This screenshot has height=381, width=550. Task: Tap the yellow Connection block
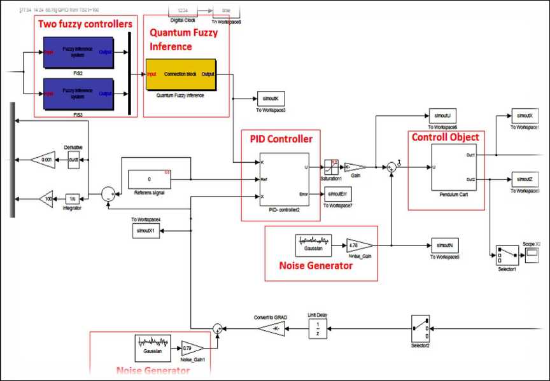point(181,75)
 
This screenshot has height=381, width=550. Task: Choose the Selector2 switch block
point(421,328)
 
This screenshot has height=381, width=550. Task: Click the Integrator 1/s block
point(74,198)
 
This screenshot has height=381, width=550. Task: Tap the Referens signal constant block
point(150,179)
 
